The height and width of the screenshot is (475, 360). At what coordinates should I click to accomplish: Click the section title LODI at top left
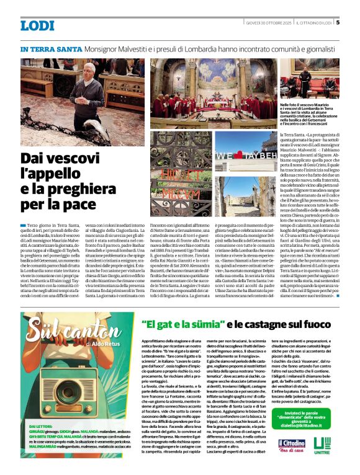38,25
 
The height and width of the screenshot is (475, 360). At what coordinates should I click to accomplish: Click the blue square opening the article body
23,224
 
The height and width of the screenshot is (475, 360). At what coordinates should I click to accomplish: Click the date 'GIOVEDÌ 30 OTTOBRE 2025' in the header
268,23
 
